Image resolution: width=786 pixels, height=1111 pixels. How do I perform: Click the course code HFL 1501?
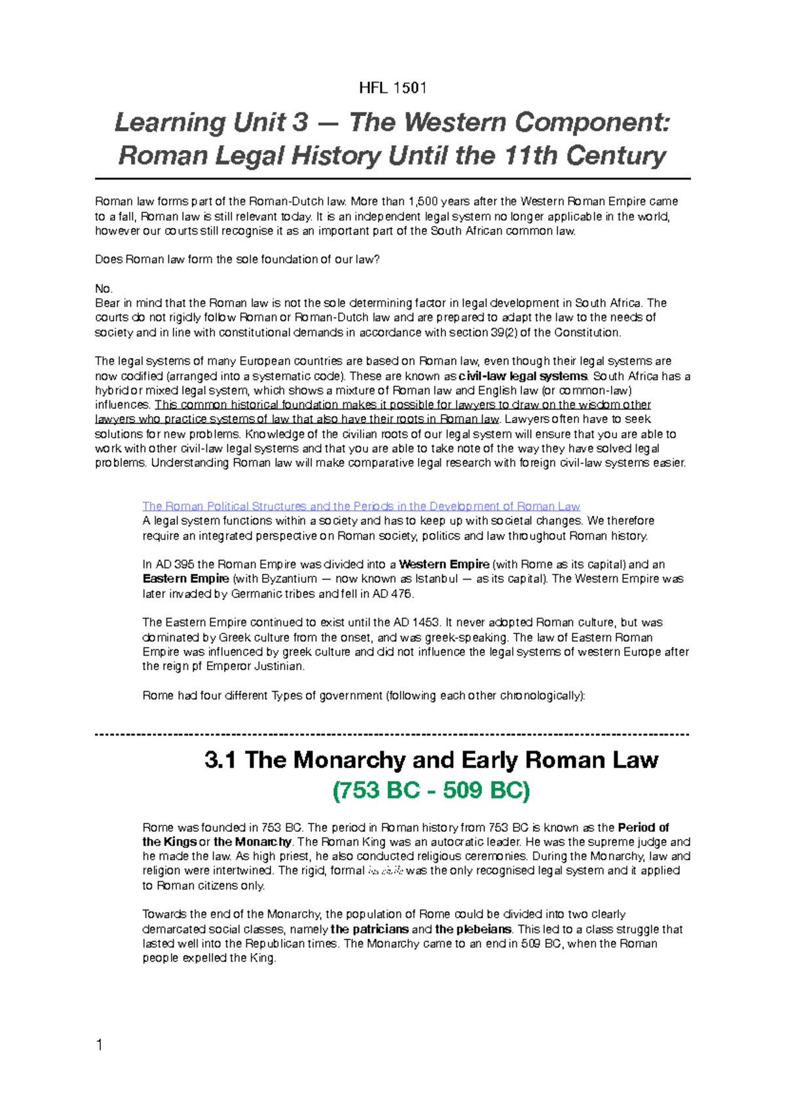pyautogui.click(x=393, y=88)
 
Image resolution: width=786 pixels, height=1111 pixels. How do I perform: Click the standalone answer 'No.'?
pyautogui.click(x=104, y=289)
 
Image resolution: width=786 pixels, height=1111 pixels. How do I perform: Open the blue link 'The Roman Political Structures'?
pyautogui.click(x=361, y=506)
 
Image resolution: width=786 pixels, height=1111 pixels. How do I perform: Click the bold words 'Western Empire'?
pyautogui.click(x=444, y=565)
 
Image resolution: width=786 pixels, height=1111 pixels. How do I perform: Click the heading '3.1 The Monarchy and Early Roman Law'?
pyautogui.click(x=431, y=761)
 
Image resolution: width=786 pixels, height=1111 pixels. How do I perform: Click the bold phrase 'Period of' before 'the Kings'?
pyautogui.click(x=643, y=828)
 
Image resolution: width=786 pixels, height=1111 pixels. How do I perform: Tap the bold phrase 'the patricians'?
pyautogui.click(x=369, y=930)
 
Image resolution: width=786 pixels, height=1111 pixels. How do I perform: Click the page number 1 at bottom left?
pyautogui.click(x=100, y=1045)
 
